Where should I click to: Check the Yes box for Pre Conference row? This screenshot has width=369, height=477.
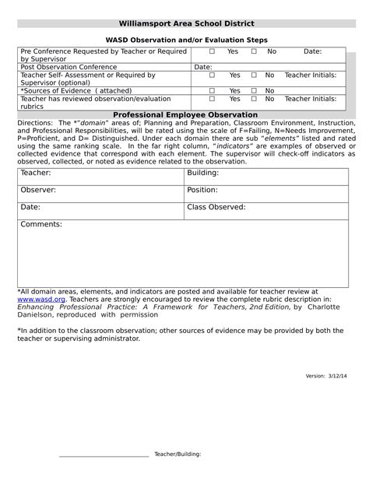point(212,51)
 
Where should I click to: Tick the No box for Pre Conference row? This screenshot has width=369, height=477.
point(254,51)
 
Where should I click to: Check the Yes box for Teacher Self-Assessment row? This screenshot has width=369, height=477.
point(212,75)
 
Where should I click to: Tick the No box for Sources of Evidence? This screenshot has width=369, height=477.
point(254,91)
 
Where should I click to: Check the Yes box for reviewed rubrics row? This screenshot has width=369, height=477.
point(212,100)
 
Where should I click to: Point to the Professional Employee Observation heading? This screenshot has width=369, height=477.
point(185,114)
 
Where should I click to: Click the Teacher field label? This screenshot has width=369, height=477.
point(35,172)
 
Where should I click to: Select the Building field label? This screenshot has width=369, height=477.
point(202,172)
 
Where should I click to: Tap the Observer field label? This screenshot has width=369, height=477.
point(37,190)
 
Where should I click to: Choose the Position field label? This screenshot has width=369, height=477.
point(202,190)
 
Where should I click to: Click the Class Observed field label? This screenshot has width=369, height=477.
point(216,208)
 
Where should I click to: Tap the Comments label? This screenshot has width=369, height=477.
point(40,224)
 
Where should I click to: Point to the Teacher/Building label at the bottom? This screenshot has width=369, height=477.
point(177,453)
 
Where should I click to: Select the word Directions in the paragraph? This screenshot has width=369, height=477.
point(34,123)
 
